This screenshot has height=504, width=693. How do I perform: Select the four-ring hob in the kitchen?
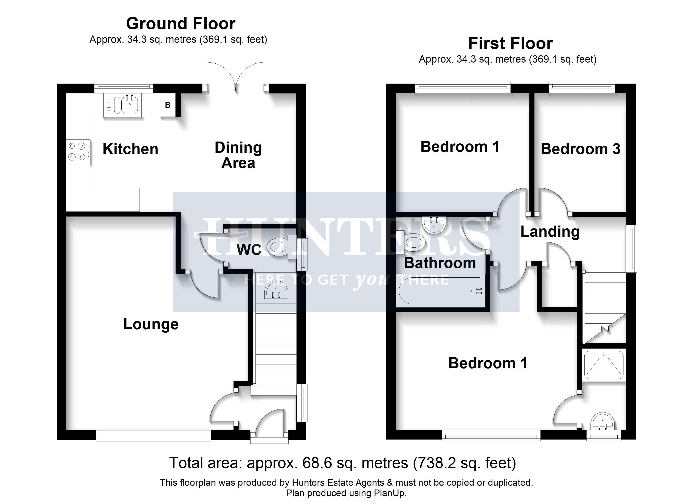[x=77, y=151]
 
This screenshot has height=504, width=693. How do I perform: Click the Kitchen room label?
[x=130, y=149]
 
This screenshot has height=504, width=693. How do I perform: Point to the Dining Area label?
[x=238, y=155]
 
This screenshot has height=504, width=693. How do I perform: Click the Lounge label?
[x=151, y=324]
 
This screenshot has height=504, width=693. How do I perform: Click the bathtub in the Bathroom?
[x=441, y=290]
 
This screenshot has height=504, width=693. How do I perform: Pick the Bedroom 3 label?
[x=581, y=149]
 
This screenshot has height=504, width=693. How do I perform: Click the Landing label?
[x=550, y=232]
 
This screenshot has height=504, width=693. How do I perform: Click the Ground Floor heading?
[x=181, y=24]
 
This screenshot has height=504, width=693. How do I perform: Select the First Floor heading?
[x=510, y=43]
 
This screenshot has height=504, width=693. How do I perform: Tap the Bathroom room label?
[x=440, y=263]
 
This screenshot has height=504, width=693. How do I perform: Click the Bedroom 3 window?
[x=582, y=87]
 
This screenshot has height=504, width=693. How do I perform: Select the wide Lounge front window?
[x=153, y=436]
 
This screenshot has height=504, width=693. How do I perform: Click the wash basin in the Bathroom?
[x=434, y=225]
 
